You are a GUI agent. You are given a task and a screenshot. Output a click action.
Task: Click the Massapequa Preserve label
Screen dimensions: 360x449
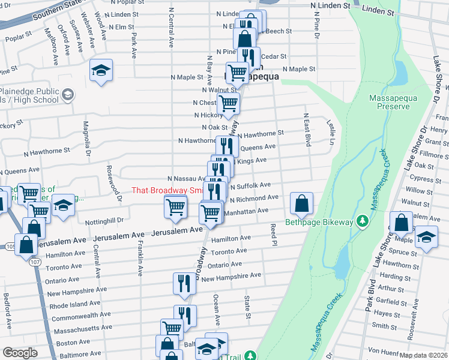pyautogui.click(x=389, y=102)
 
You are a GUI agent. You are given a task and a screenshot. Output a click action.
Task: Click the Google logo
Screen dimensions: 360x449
pyautogui.click(x=20, y=352)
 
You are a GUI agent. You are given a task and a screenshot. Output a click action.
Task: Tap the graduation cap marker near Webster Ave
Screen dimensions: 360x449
pyautogui.click(x=101, y=70)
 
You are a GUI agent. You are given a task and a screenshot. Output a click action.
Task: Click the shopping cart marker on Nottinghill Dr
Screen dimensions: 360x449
pyautogui.click(x=175, y=208)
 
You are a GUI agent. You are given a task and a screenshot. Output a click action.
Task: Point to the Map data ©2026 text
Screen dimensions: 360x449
pyautogui.click(x=424, y=355)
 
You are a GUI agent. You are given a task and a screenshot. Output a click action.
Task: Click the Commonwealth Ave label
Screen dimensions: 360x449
pyautogui.click(x=82, y=314)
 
